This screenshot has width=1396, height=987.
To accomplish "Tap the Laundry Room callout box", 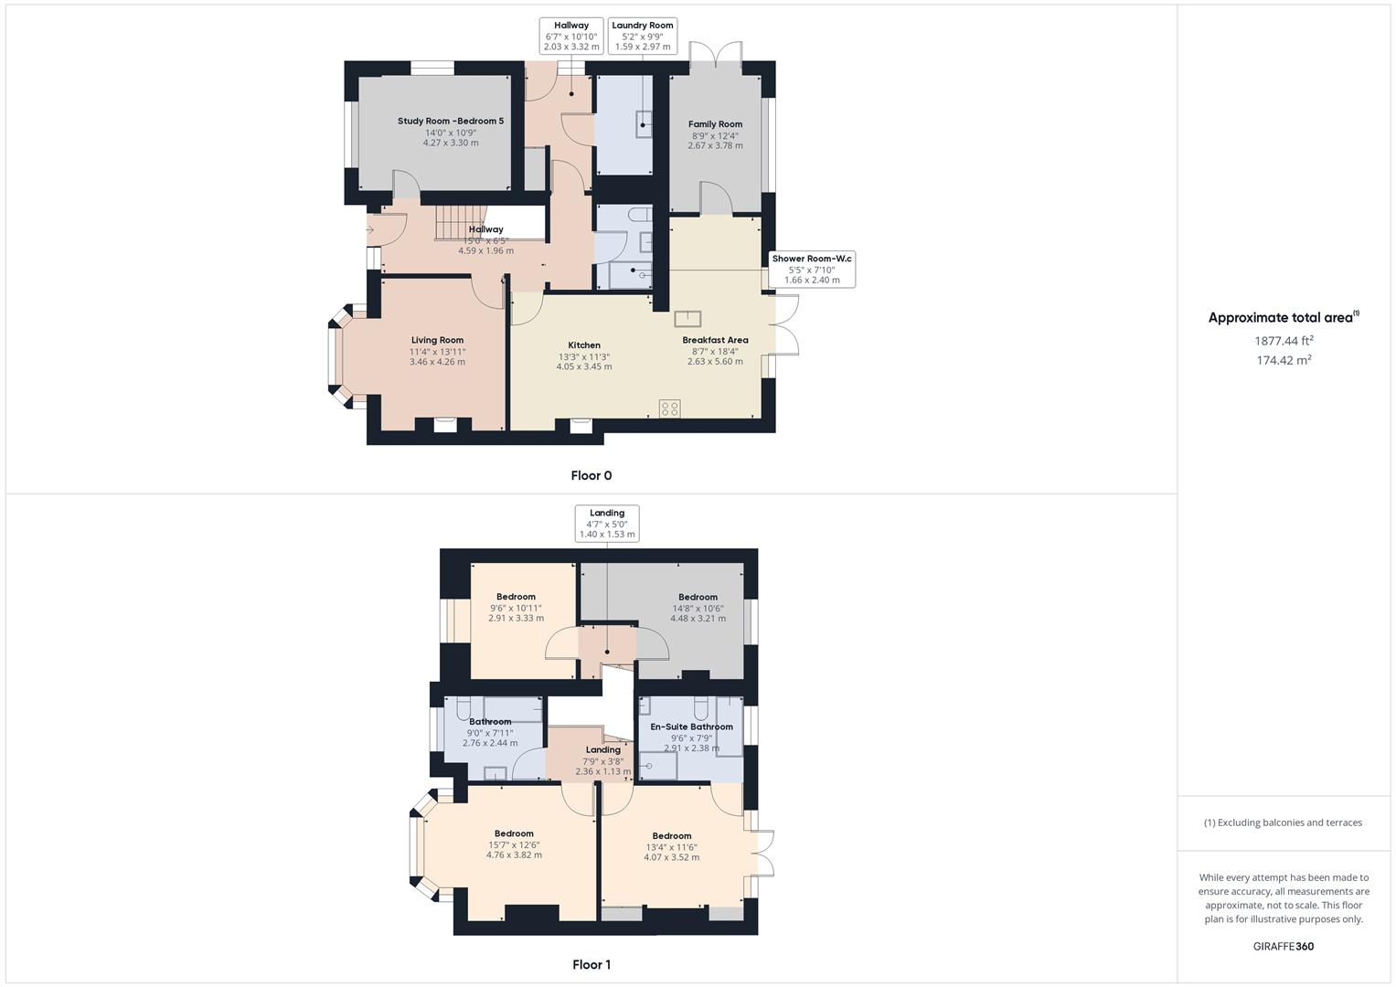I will [642, 36].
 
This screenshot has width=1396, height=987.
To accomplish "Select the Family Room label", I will [715, 124].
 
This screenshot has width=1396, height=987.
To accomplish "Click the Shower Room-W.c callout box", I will [811, 270].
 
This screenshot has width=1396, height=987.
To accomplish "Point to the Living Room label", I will [437, 340].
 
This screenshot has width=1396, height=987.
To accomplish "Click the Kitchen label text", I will [584, 345].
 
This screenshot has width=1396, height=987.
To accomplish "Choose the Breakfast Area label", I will [715, 340].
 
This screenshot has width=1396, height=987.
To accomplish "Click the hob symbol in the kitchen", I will [670, 409].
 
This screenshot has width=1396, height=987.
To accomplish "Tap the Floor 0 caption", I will [591, 475].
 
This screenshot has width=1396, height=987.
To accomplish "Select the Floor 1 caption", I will [591, 964].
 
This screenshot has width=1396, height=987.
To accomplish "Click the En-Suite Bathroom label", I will [691, 727].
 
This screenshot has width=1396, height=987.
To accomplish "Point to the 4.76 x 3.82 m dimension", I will [514, 855].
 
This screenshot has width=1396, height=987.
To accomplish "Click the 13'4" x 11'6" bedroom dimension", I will [671, 847].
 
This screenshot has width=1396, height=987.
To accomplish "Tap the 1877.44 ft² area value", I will [1284, 341].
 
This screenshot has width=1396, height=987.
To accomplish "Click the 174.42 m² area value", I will [1284, 360].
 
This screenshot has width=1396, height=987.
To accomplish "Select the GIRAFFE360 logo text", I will [1284, 946].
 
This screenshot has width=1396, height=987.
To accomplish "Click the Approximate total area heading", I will [1282, 318].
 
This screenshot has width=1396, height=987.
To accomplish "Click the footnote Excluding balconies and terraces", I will [1283, 822].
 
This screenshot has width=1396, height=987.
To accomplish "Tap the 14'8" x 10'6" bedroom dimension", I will [698, 608].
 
